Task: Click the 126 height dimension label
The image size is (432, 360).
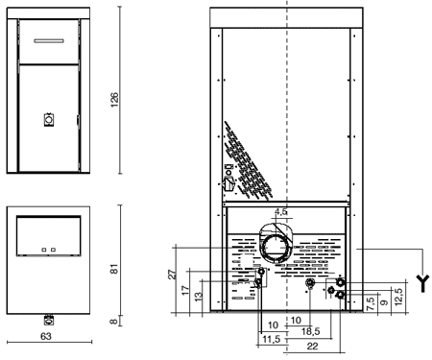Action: pyautogui.click(x=114, y=100)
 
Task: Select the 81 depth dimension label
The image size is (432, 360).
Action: pyautogui.click(x=114, y=269)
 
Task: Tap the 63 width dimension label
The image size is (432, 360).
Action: pyautogui.click(x=46, y=336)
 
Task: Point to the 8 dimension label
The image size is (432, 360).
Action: pyautogui.click(x=114, y=321)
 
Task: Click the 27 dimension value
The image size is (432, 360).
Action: pyautogui.click(x=172, y=275)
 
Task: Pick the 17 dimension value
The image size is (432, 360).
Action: pyautogui.click(x=185, y=290)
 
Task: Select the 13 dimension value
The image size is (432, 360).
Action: pyautogui.click(x=199, y=297)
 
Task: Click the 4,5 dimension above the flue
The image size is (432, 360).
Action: pyautogui.click(x=281, y=212)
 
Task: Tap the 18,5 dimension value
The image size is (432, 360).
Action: pyautogui.click(x=310, y=331)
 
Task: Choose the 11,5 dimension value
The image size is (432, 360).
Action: pyautogui.click(x=272, y=339)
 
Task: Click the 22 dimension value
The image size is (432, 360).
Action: pyautogui.click(x=312, y=347)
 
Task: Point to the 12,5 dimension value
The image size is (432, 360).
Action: pyautogui.click(x=398, y=297)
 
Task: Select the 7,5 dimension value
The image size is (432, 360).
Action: pyautogui.click(x=371, y=303)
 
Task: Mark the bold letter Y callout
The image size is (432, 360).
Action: pyautogui.click(x=423, y=283)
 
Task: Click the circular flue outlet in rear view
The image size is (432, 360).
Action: pyautogui.click(x=275, y=248)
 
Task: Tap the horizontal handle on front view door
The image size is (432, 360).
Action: pyautogui.click(x=49, y=41)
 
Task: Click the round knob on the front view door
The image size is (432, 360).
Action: pyautogui.click(x=49, y=120)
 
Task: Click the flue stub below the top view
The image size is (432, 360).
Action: pyautogui.click(x=49, y=320)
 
